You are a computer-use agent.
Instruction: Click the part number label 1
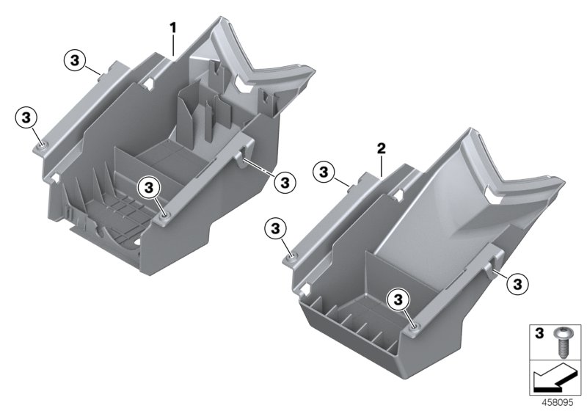173,28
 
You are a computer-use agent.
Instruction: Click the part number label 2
381,149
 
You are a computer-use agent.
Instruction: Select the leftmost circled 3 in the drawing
26,117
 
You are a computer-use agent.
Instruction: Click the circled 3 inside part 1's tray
150,188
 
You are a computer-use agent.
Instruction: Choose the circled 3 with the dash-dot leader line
285,180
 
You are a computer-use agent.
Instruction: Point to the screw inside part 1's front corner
164,215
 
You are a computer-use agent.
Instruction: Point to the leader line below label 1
173,44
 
